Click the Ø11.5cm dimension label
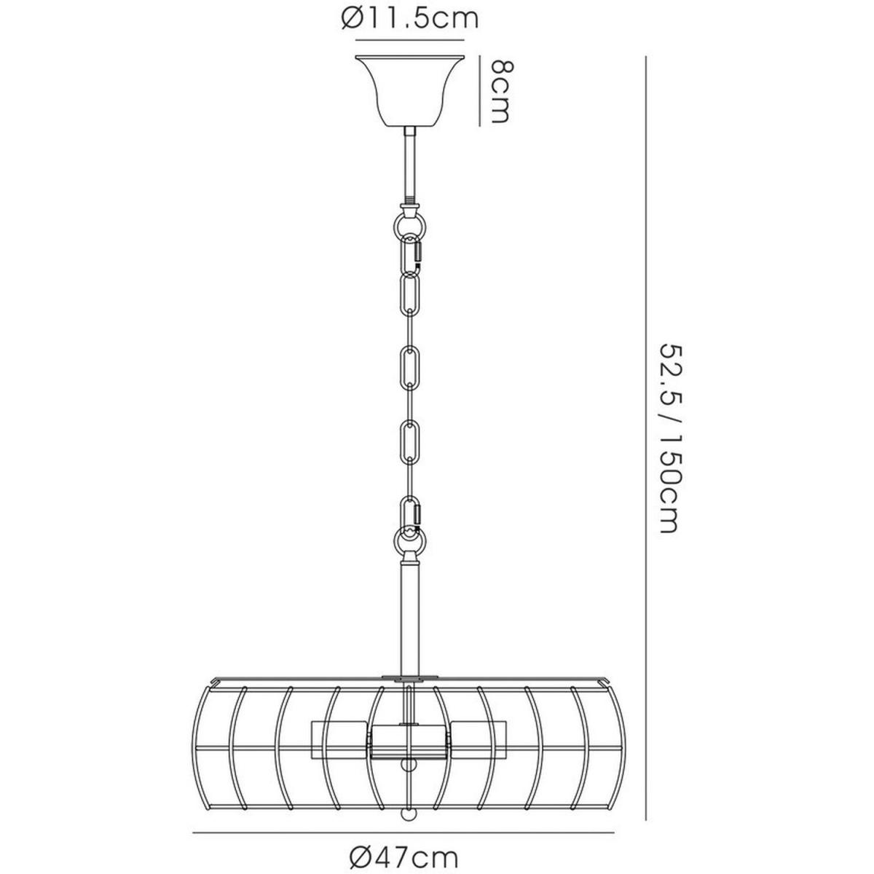point(410,19)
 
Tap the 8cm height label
point(501,92)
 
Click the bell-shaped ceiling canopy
point(409,91)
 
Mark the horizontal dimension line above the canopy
point(409,40)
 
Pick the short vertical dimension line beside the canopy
point(479,91)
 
